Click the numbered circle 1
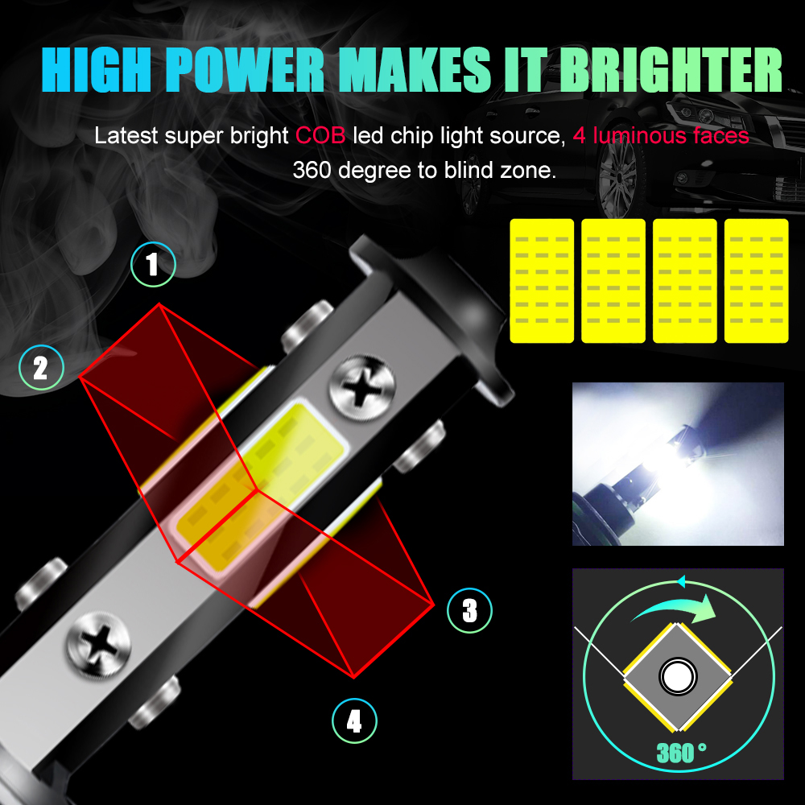[x=153, y=264]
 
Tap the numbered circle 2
[x=41, y=368]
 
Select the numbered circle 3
[x=469, y=610]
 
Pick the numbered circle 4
[x=354, y=720]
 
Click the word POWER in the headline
[x=245, y=69]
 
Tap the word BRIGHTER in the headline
[x=671, y=69]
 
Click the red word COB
[x=320, y=135]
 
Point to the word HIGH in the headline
[x=97, y=69]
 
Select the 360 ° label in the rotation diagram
[x=681, y=753]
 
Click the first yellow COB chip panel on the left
[x=542, y=281]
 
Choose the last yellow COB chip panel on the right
[x=756, y=281]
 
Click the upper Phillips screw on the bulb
[x=362, y=387]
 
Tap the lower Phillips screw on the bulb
[x=99, y=645]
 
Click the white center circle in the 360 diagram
[x=678, y=676]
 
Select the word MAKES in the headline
[x=415, y=69]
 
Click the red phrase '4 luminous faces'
[x=661, y=135]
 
